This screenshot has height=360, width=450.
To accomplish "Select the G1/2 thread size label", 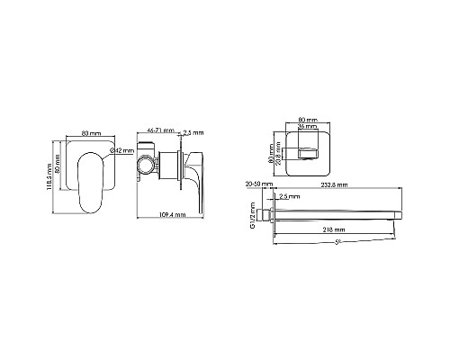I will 254,215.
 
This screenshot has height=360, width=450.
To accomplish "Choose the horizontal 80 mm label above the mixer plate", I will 90,132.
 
